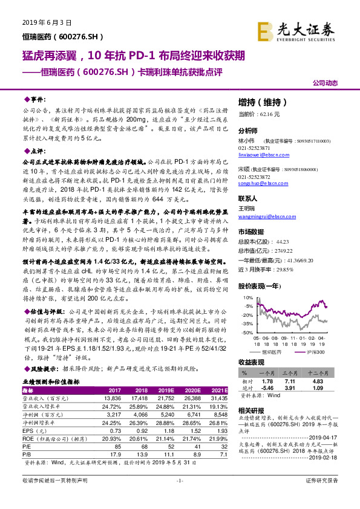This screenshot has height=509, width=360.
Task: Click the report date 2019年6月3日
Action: click(x=43, y=21)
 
